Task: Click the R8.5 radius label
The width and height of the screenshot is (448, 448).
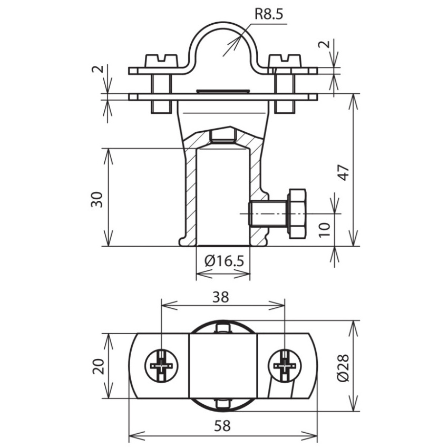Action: pos(269,14)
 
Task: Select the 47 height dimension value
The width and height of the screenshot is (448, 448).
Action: pos(344,172)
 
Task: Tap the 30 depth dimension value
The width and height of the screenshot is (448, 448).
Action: pos(97,199)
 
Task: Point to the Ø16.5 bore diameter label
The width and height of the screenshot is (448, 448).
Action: pos(225,261)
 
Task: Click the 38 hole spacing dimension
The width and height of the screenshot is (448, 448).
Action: pos(221,297)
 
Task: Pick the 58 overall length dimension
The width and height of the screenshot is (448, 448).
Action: pos(222,426)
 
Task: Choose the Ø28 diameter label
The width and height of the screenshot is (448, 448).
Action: pos(343,367)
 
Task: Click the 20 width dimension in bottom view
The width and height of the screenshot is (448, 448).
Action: pos(98,366)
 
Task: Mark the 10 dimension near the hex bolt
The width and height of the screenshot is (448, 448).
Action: pos(324,229)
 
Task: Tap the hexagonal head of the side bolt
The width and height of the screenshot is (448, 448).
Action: pos(298,213)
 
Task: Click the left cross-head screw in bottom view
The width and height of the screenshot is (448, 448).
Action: pos(162,366)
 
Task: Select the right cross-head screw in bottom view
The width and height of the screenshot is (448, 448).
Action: pos(285,366)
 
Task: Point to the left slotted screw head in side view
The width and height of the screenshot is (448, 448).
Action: pos(162,61)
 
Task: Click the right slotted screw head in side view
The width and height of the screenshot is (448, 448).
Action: pos(285,61)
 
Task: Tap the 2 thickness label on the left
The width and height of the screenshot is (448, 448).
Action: pos(97,70)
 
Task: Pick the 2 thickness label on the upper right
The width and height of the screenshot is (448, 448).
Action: pos(324,44)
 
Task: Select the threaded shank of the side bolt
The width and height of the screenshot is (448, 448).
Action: pos(269,213)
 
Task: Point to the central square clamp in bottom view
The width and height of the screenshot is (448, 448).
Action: pos(223,366)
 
